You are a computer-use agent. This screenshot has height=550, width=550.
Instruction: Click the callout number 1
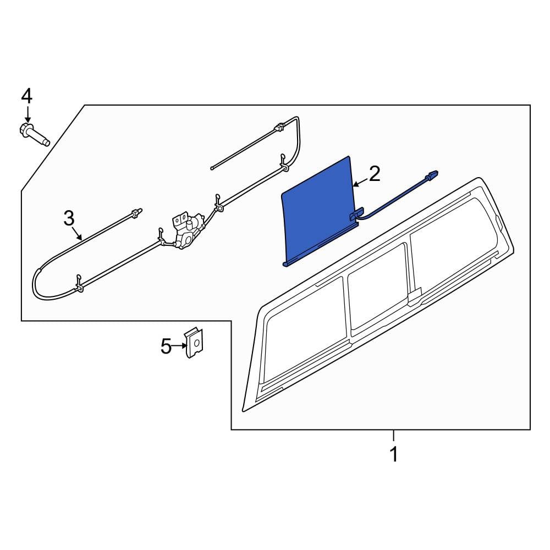pyautogui.click(x=394, y=454)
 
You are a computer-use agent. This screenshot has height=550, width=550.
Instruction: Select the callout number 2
pyautogui.click(x=375, y=174)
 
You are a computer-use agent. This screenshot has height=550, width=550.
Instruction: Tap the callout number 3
pyautogui.click(x=69, y=218)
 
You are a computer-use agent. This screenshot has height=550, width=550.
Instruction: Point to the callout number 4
pyautogui.click(x=27, y=96)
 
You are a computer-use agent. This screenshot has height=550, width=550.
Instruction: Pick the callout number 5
pyautogui.click(x=166, y=346)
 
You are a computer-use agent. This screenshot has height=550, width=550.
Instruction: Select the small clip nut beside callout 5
pyautogui.click(x=194, y=343)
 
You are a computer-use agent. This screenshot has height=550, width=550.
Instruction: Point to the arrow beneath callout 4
pyautogui.click(x=28, y=115)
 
